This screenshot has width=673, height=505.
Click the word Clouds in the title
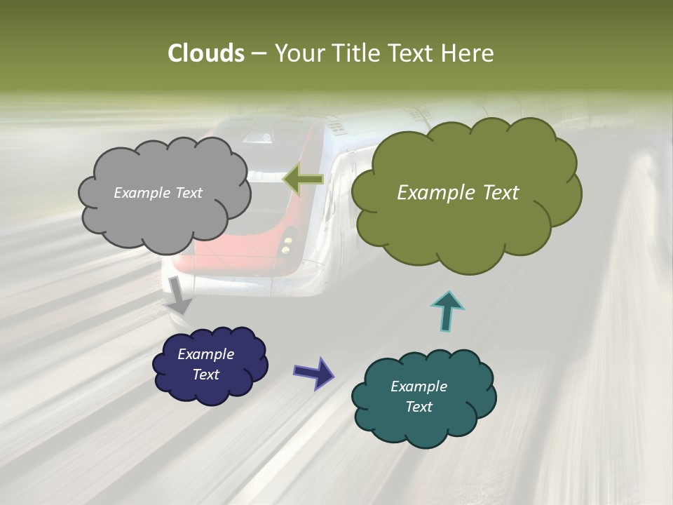(206, 53)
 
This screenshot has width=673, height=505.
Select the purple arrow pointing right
(313, 372)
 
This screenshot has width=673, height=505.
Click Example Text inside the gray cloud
(158, 193)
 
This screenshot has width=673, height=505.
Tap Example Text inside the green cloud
(458, 193)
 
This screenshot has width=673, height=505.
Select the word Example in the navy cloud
(205, 354)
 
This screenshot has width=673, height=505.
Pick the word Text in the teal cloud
(419, 407)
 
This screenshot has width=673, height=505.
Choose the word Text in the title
(412, 53)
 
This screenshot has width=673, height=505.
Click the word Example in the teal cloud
(419, 386)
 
